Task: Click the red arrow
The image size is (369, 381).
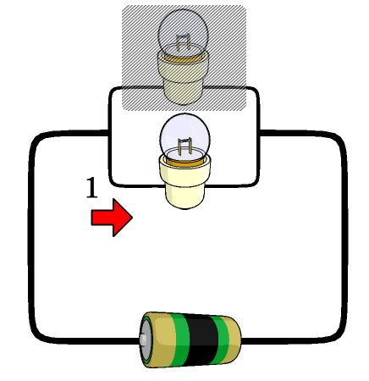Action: tap(112, 218)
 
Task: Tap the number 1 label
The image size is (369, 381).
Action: tap(91, 188)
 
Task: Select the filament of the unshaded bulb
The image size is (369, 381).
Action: tap(184, 146)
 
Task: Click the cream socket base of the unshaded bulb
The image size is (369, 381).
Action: tap(184, 184)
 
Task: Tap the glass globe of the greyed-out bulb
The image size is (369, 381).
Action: tap(184, 31)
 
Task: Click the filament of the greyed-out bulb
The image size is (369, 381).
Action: tap(183, 42)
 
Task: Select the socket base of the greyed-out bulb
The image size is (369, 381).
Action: tap(184, 79)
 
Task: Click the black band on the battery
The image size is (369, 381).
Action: tap(201, 340)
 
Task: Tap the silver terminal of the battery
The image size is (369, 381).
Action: tap(143, 339)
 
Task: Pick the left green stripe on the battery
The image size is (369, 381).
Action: tap(179, 340)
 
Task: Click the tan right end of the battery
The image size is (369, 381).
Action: tap(234, 340)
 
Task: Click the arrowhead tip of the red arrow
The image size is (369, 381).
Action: tap(133, 218)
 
